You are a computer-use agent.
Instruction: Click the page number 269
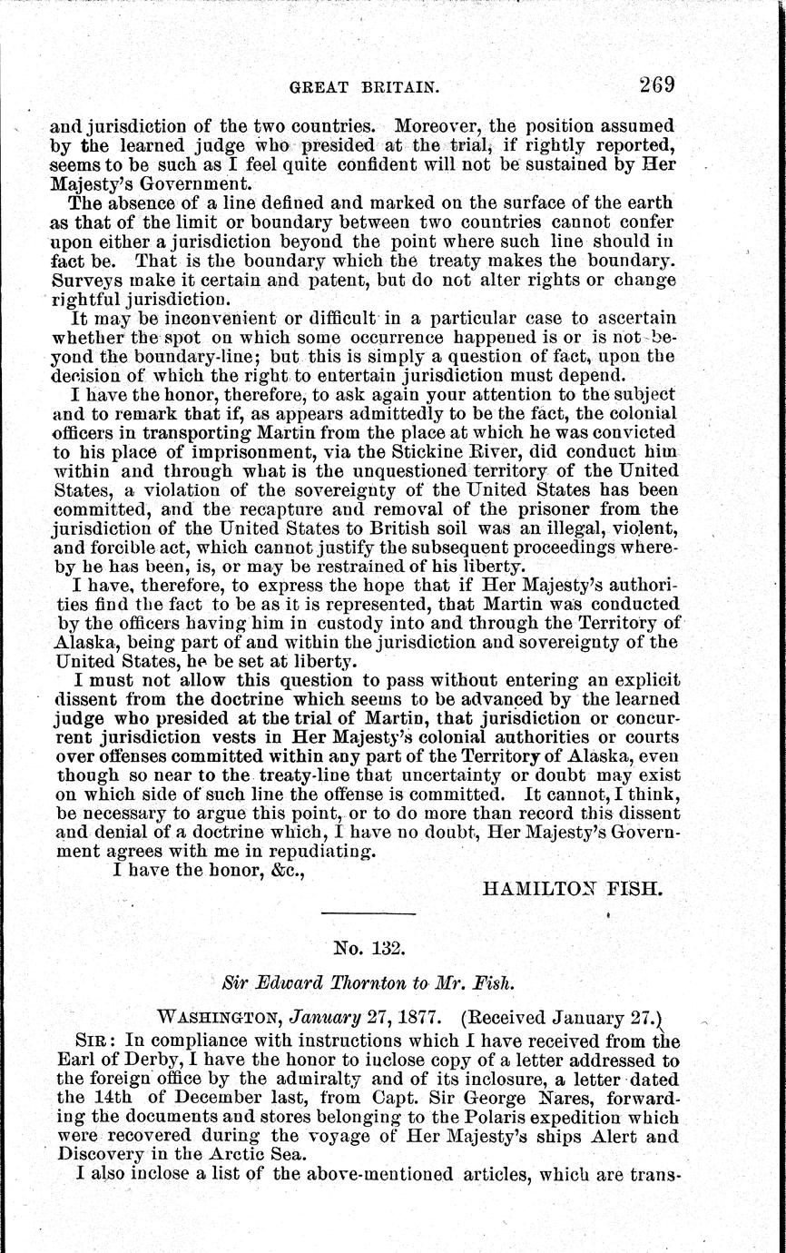656,86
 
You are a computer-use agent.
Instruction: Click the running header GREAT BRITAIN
364,89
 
